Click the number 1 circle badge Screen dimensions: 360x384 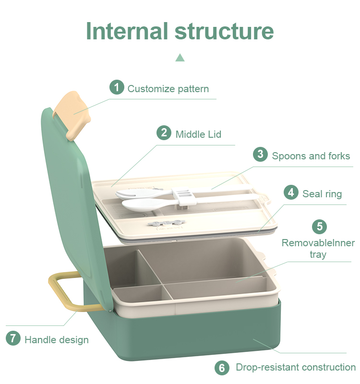click(117, 87)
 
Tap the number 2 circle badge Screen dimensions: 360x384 click(164, 133)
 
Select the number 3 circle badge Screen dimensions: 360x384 click(260, 154)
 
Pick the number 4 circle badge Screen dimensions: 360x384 click(291, 192)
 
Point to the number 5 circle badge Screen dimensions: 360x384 click(319, 227)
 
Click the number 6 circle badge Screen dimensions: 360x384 click(222, 368)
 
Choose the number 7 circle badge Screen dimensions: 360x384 click(13, 338)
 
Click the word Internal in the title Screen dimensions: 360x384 click(127, 31)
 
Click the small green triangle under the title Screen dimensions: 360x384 click(180, 58)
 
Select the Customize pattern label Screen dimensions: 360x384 click(168, 89)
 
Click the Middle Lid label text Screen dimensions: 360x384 click(198, 134)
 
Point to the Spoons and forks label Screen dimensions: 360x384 click(311, 156)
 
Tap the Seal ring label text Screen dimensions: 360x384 click(322, 194)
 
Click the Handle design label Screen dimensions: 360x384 click(57, 340)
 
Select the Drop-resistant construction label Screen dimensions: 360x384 click(296, 367)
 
